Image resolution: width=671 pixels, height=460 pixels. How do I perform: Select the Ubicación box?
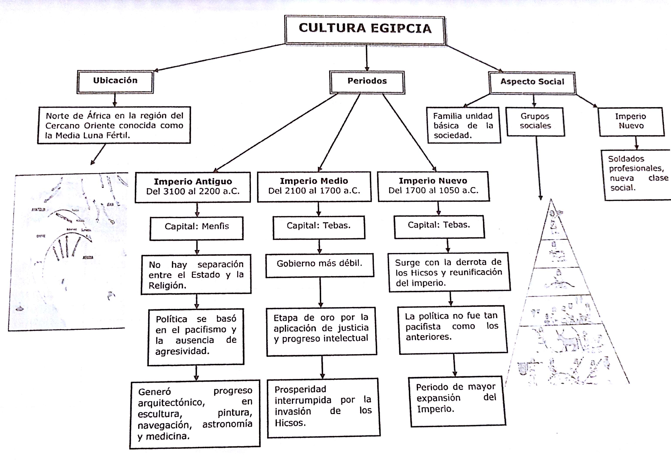tap(115, 82)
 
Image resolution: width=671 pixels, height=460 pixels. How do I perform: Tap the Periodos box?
tap(367, 82)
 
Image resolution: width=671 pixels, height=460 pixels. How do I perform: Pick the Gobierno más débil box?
tap(320, 265)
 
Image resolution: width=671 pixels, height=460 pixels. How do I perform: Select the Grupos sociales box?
tap(535, 122)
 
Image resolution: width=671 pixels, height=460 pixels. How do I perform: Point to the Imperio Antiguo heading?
tap(193, 181)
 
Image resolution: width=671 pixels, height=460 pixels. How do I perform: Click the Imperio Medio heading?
tap(314, 181)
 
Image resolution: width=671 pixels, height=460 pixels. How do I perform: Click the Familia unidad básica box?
tap(463, 125)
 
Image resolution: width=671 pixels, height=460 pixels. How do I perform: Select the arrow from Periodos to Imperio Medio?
tap(339, 133)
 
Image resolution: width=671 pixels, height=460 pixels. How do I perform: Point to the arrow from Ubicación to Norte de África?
tap(115, 100)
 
